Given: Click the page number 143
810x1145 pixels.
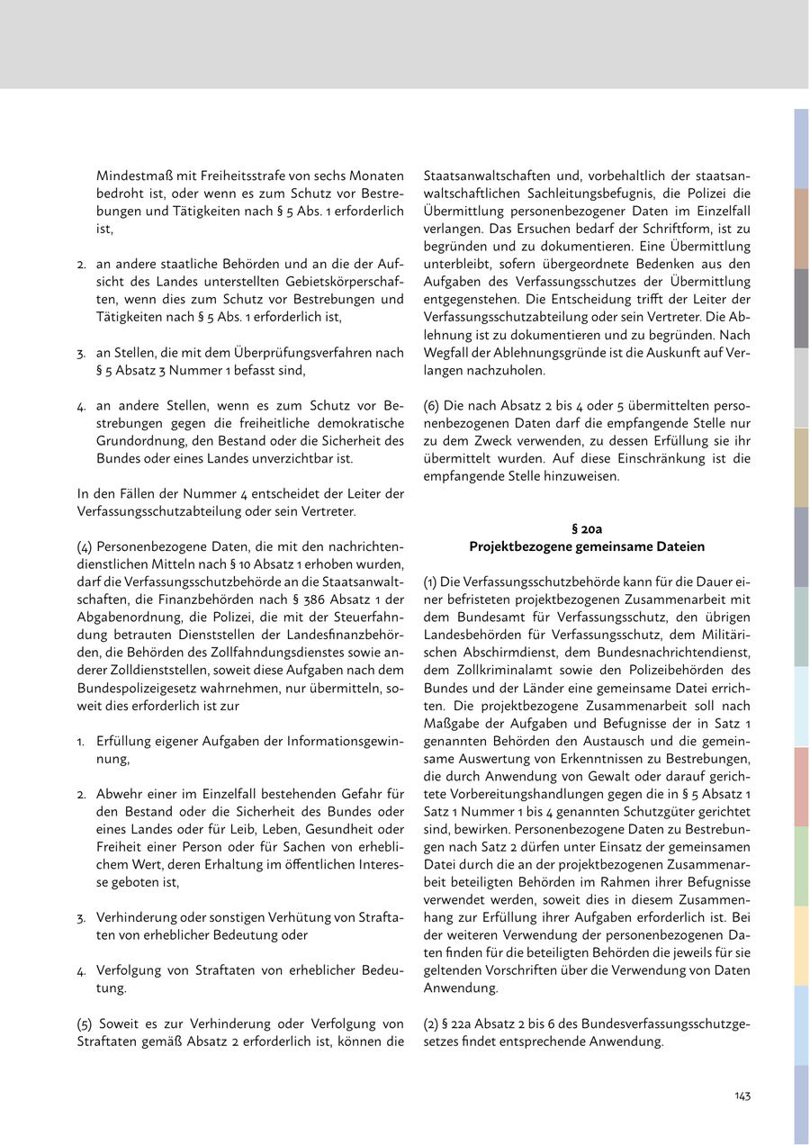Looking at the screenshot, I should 742,1095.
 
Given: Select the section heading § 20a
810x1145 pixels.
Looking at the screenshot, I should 587,528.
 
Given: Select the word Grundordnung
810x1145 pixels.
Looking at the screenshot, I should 138,440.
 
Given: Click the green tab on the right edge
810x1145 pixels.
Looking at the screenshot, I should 800,865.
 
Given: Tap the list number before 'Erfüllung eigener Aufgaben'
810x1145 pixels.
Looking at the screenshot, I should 81,741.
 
